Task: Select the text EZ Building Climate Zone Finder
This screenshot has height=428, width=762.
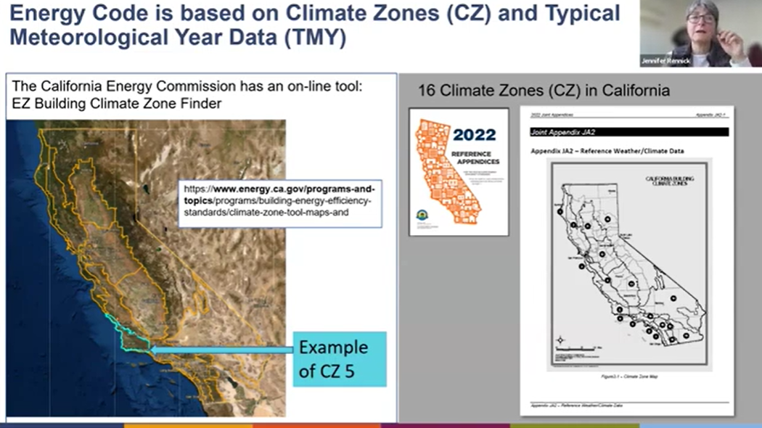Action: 117,104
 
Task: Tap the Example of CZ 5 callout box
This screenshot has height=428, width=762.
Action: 340,359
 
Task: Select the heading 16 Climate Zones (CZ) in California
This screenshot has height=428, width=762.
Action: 544,91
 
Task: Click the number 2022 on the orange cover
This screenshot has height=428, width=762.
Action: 474,134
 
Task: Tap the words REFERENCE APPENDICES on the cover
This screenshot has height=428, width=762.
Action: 475,158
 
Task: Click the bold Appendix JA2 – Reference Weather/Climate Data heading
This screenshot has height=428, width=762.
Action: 608,151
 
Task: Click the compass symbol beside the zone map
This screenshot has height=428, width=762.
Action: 560,339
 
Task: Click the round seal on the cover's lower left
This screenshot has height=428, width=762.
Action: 422,215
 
